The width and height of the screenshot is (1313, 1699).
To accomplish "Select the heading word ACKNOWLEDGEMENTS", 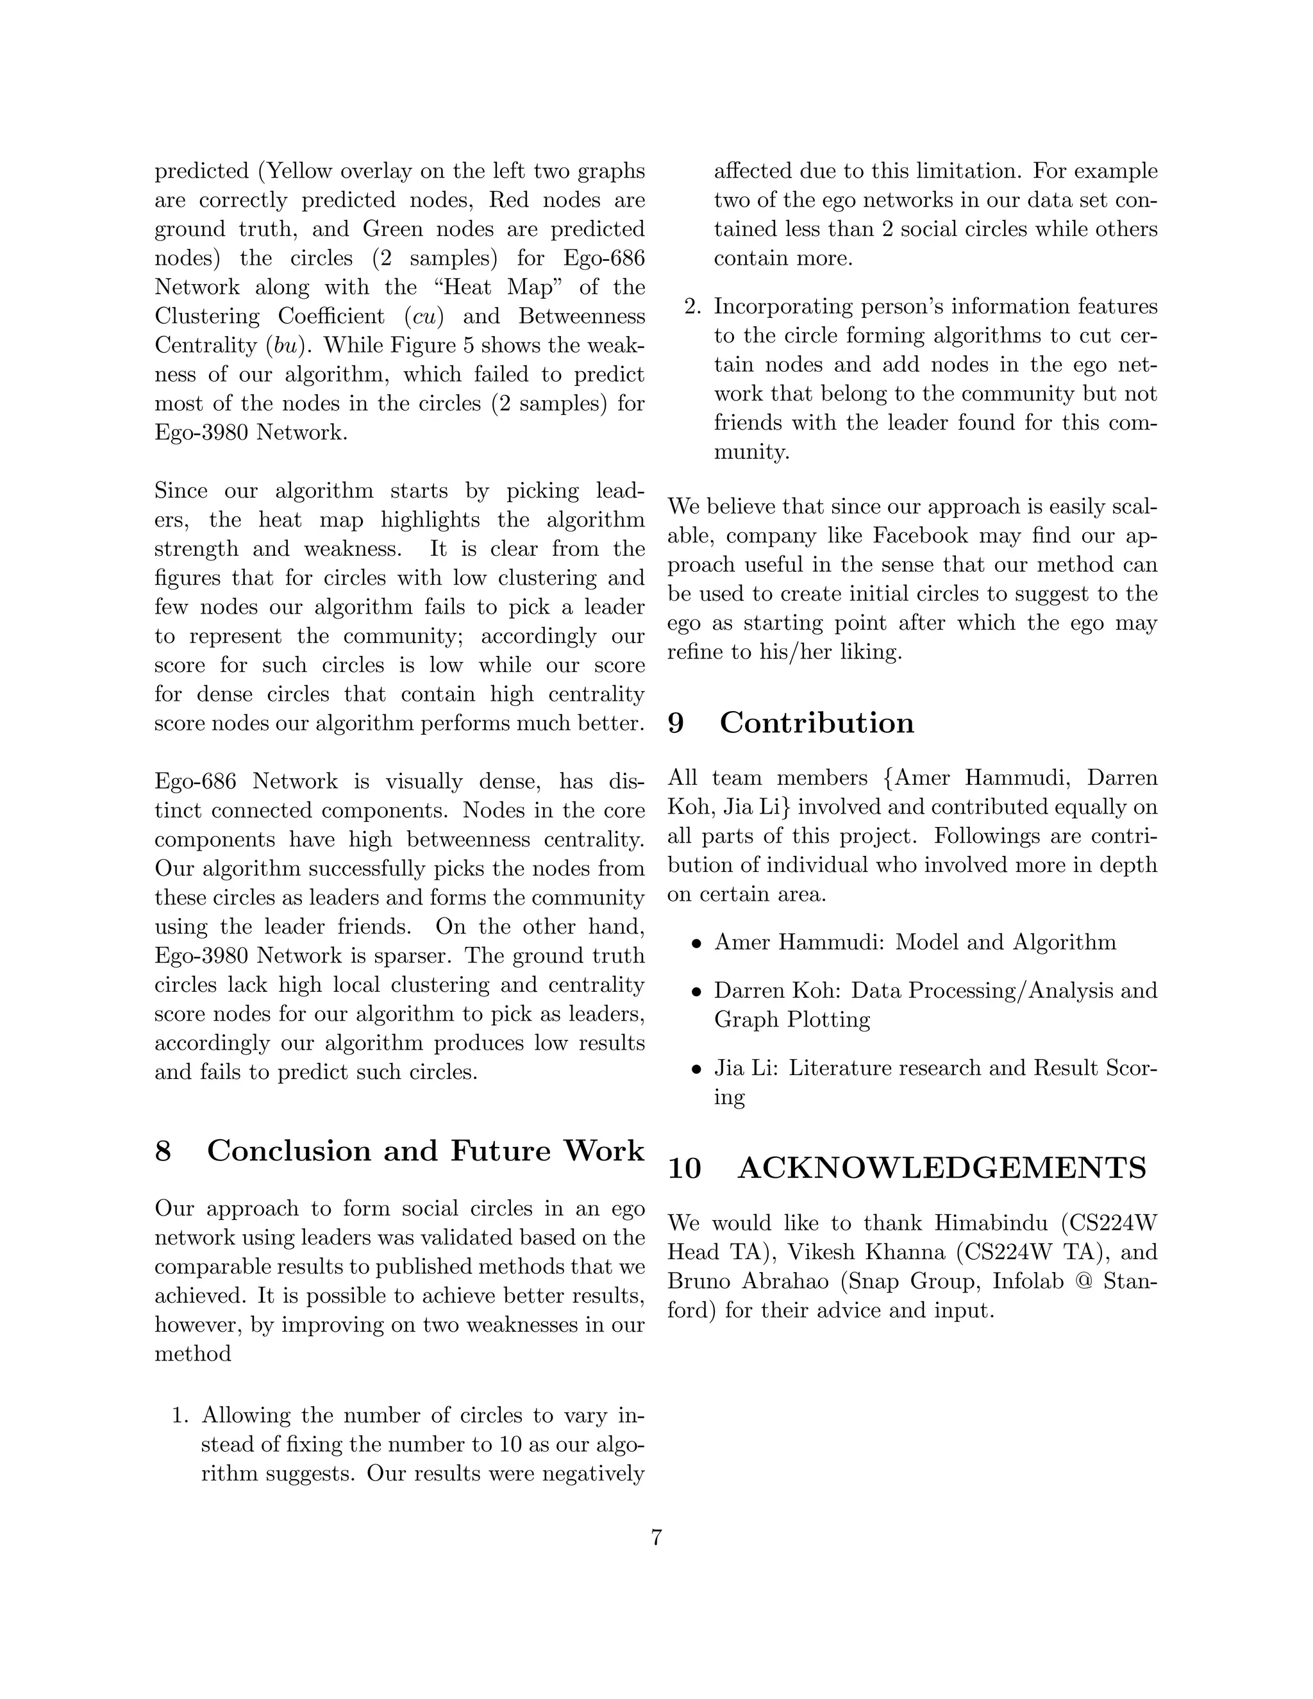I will [942, 1168].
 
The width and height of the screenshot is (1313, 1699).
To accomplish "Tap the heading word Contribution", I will [817, 723].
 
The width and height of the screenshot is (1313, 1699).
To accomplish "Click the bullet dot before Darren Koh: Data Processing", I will [698, 992].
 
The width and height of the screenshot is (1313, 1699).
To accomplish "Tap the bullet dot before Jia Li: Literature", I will [698, 1069].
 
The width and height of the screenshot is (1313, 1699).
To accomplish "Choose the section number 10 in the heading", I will [685, 1168].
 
